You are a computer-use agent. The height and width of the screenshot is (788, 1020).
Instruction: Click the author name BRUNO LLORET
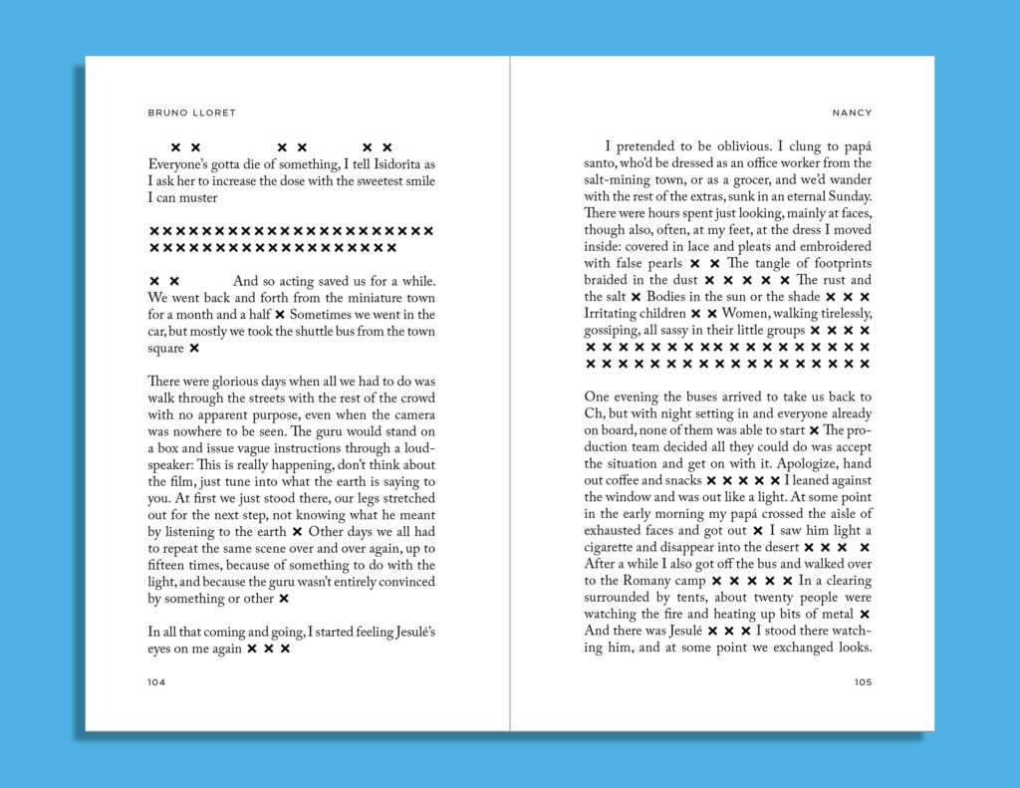(192, 113)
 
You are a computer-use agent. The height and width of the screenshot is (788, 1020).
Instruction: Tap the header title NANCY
(852, 113)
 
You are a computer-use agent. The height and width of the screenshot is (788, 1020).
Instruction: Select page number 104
(156, 682)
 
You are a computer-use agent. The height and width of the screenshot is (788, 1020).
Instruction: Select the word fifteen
(169, 565)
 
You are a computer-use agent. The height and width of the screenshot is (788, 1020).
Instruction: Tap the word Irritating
(617, 314)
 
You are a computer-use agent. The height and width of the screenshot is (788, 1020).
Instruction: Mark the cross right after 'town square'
(194, 349)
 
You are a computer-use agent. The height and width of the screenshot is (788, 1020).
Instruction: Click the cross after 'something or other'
(284, 599)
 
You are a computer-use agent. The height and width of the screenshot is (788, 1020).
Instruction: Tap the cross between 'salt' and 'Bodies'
(636, 297)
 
